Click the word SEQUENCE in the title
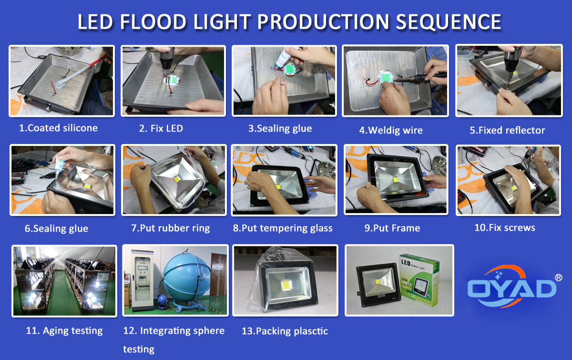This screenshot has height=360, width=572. [x=449, y=22]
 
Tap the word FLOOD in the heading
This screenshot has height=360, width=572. [x=153, y=22]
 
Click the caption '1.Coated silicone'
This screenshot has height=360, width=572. [x=59, y=128]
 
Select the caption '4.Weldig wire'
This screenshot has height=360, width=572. [x=391, y=130]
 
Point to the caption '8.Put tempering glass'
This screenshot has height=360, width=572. [x=283, y=228]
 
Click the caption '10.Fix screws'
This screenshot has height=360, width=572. [x=505, y=227]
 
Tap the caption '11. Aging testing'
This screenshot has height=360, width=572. [x=64, y=331]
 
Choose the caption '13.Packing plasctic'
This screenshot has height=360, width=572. [x=285, y=331]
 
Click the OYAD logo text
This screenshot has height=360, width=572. [x=511, y=288]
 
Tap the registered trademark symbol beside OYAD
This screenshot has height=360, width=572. [x=559, y=278]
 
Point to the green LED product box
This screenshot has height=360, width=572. [x=419, y=280]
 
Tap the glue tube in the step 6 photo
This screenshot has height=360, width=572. [x=60, y=163]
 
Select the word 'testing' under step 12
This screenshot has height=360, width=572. [x=139, y=350]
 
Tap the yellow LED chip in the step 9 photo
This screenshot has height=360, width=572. [x=395, y=180]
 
